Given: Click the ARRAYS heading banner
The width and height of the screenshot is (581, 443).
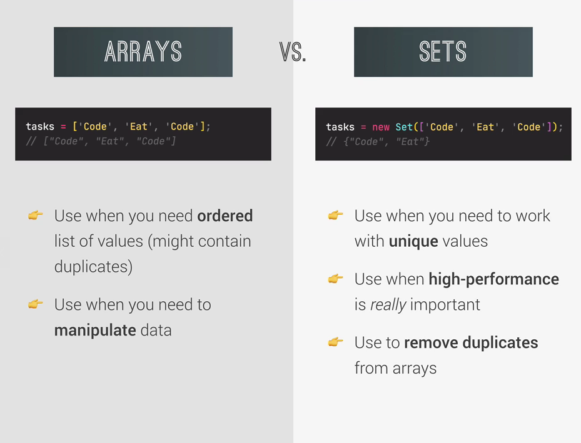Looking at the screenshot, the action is click(x=143, y=52).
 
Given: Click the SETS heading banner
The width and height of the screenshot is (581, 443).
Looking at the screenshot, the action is click(x=443, y=52).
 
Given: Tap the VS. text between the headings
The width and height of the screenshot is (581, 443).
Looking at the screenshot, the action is click(x=293, y=52).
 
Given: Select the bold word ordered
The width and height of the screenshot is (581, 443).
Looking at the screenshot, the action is click(x=225, y=216).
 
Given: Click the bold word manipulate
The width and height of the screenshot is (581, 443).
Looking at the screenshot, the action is click(x=95, y=331).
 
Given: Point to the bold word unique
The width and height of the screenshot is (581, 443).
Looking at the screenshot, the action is click(x=413, y=242).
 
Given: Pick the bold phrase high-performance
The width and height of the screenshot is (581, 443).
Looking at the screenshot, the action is click(x=493, y=279).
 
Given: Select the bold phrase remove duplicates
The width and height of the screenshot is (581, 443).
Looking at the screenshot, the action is click(x=471, y=342).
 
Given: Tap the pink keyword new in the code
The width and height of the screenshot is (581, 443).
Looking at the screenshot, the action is click(x=381, y=127).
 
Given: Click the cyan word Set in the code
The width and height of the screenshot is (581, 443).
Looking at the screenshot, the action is click(x=404, y=127).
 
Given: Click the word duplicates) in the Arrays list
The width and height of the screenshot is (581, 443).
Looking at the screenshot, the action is click(x=93, y=267).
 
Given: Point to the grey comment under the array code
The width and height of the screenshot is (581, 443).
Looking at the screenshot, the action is click(x=101, y=141).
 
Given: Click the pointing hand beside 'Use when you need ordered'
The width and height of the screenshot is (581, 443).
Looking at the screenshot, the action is click(x=36, y=215).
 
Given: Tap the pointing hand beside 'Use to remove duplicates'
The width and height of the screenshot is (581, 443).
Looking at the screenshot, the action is click(x=336, y=342).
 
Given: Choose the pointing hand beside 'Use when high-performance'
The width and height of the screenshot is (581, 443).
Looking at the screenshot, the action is click(x=336, y=278).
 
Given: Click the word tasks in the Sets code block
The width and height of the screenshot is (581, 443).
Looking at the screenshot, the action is click(x=340, y=127).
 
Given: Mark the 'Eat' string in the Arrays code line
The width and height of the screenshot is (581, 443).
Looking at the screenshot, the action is click(x=139, y=127).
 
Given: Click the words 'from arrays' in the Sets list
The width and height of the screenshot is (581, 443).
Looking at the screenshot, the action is click(x=395, y=369).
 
